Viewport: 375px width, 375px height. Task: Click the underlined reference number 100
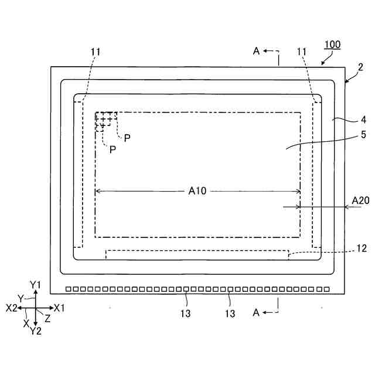pos(332,45)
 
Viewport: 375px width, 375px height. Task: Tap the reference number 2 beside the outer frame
pos(361,68)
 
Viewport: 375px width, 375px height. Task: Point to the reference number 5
pos(363,135)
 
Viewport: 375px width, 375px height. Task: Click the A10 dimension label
pos(197,190)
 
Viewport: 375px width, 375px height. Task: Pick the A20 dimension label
pos(360,201)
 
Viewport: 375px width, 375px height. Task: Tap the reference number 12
pos(362,248)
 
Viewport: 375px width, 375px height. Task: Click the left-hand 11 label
pos(96,52)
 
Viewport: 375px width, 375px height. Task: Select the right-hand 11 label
pos(302,52)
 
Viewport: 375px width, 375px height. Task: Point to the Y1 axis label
pos(35,285)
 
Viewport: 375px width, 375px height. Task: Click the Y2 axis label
pos(35,331)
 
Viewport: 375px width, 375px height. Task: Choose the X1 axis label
pos(59,308)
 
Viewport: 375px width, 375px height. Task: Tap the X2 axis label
pos(11,308)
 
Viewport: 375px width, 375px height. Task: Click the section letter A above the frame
pos(256,52)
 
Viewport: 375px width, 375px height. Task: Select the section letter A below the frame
pos(256,313)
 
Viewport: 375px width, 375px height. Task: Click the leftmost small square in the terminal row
pos(69,289)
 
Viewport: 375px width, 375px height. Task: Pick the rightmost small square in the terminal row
pos(326,289)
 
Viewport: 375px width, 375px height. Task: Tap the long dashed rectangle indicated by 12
pos(197,254)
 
